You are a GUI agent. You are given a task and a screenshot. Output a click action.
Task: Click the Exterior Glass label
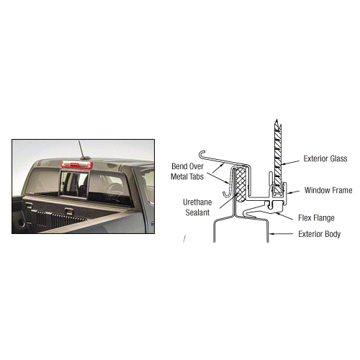click(x=325, y=158)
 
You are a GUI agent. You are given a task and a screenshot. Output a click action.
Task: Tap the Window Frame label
click(x=328, y=190)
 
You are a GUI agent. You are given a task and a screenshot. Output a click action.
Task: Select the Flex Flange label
click(x=316, y=218)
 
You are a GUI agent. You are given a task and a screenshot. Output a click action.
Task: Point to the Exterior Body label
click(x=320, y=234)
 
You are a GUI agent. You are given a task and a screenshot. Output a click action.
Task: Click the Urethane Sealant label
click(x=197, y=207)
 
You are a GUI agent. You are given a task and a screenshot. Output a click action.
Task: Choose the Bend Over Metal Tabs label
click(x=187, y=171)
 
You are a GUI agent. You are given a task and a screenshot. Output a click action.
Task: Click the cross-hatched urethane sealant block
click(x=240, y=184)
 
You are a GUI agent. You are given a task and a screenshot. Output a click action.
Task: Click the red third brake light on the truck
click(x=76, y=165)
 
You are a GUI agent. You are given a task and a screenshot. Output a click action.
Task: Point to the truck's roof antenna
click(x=82, y=150)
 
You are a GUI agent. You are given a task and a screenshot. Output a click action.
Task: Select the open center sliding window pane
click(x=74, y=184)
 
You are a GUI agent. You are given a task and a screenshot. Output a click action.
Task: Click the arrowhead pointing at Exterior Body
click(x=271, y=233)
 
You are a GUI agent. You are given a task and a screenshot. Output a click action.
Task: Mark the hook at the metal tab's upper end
click(x=202, y=153)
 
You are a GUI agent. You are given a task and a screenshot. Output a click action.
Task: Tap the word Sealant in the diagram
click(x=197, y=212)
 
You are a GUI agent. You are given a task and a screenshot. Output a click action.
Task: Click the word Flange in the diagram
click(x=323, y=218)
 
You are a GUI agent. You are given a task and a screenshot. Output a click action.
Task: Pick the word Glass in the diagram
click(x=338, y=158)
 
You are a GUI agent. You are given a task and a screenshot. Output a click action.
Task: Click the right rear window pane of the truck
click(x=109, y=188)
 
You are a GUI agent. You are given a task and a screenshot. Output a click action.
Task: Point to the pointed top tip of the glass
click(x=276, y=120)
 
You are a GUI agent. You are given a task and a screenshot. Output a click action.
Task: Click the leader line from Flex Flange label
click(x=284, y=216)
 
